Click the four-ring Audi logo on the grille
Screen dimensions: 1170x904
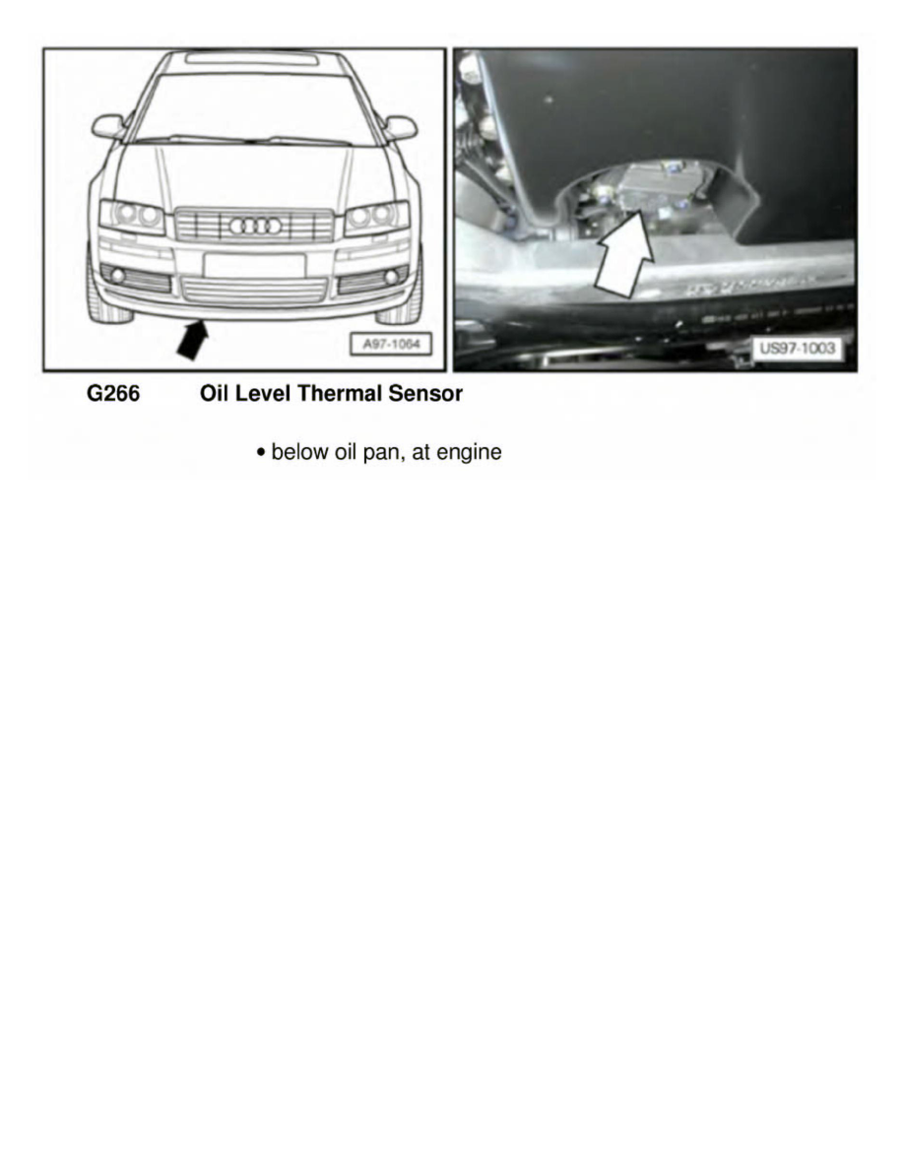click(x=255, y=226)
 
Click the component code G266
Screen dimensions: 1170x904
click(x=113, y=395)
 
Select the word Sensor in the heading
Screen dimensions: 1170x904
click(x=429, y=395)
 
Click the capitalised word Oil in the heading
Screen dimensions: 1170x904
click(x=215, y=395)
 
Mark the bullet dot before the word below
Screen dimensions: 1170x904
click(x=260, y=453)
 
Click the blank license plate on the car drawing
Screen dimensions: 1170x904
click(x=254, y=265)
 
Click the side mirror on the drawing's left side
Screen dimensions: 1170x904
click(x=107, y=126)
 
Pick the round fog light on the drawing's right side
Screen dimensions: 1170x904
click(x=391, y=278)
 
